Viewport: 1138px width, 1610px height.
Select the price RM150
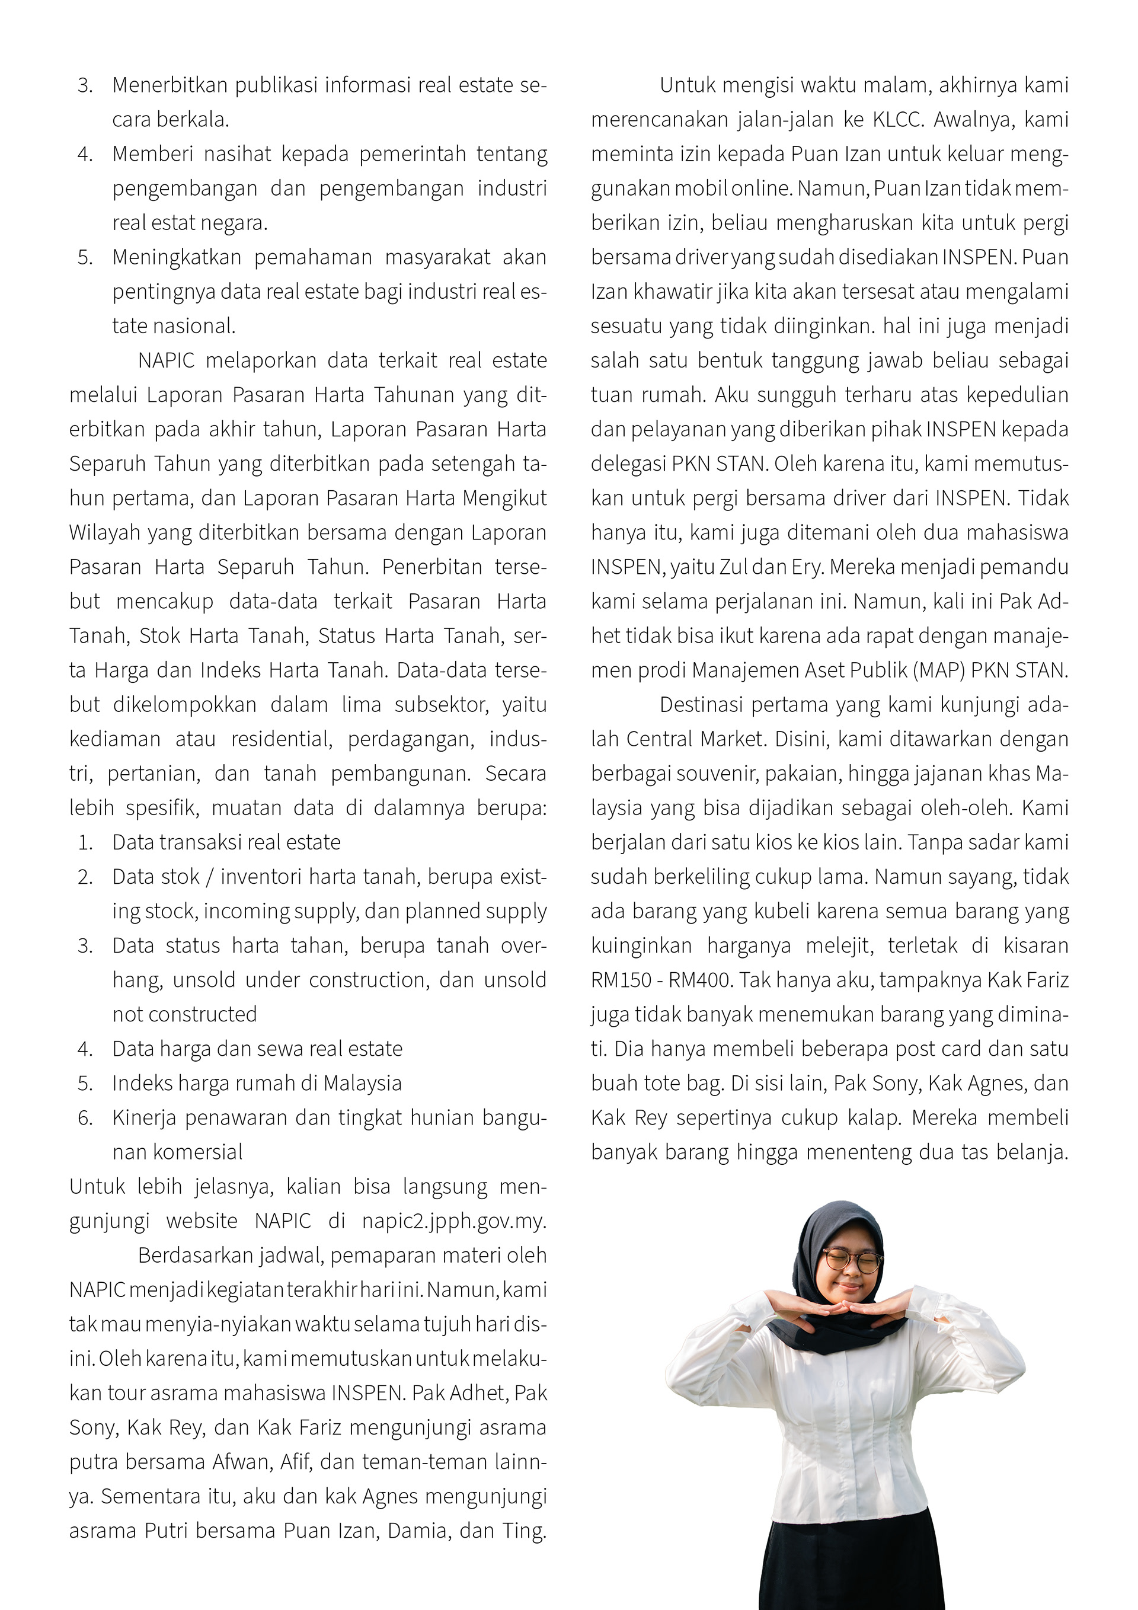point(621,980)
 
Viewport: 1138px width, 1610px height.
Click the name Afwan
point(241,1462)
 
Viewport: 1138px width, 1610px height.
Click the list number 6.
point(85,1118)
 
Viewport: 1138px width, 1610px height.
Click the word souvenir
point(718,774)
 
